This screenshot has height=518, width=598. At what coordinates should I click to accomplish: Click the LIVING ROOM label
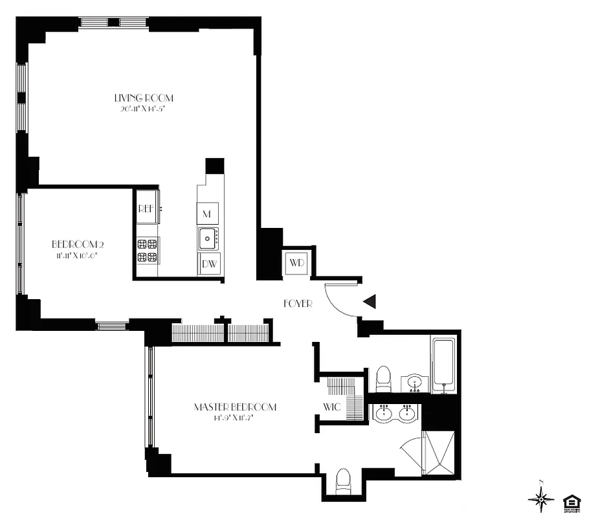pos(144,98)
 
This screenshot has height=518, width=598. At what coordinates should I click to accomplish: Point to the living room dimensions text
pos(144,109)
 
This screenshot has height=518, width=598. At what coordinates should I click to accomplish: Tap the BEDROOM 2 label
pos(78,245)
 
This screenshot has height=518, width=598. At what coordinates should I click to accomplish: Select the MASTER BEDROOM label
pos(235,407)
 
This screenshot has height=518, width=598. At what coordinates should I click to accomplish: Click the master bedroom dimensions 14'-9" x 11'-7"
pos(235,418)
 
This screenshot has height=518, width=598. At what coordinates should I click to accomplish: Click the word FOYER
pos(298,304)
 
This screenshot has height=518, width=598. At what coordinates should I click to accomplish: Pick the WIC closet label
pos(332,407)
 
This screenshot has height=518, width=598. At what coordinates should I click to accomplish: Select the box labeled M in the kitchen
pos(208,213)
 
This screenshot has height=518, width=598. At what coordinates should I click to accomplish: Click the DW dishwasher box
pos(208,264)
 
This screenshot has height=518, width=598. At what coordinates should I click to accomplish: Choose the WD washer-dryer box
pos(296,263)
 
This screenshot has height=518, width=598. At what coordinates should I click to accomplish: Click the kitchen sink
pos(208,238)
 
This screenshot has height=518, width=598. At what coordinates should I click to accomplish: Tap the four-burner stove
pos(148,251)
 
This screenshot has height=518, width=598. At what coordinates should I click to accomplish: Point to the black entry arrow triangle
pos(370,301)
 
